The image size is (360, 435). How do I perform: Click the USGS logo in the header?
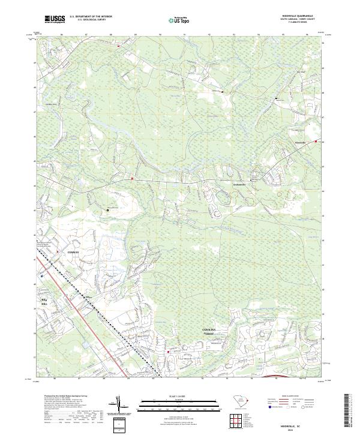pos(55,19)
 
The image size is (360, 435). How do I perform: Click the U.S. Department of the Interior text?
pos(91,17)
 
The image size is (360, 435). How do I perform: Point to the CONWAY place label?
pos(73,254)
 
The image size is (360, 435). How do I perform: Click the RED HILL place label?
pos(43,302)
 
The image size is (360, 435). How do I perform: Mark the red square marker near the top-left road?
pos(118,46)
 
